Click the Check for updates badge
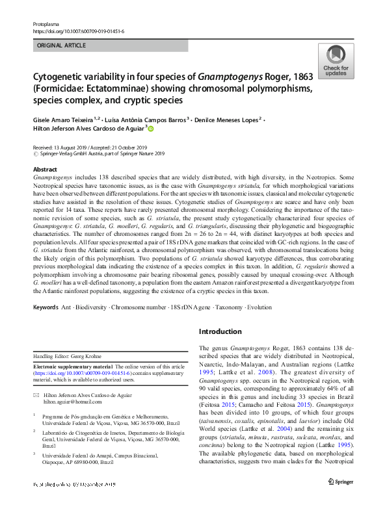[x=336, y=61]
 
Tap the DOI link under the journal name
[x=78, y=31]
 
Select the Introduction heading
[x=220, y=331]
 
